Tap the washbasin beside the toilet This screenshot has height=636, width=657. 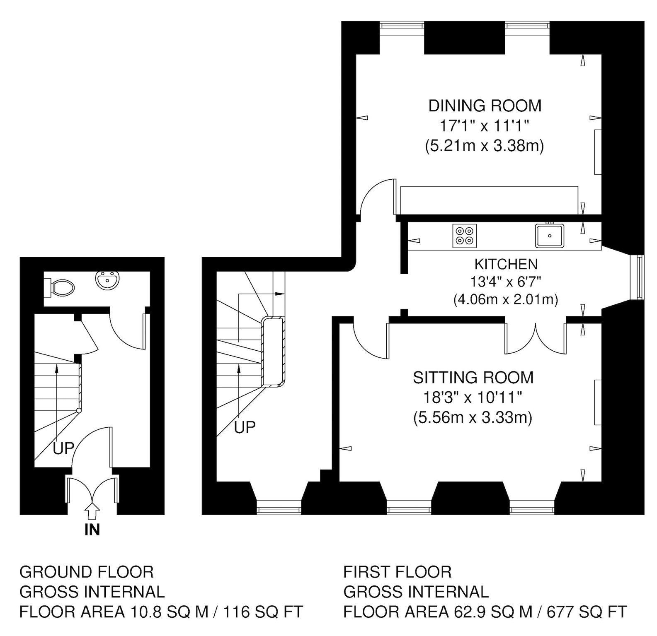point(108,281)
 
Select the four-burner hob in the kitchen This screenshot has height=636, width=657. point(465,236)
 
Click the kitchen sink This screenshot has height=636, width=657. point(550,236)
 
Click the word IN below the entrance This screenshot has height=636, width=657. point(92,530)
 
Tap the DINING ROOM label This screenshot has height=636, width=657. point(485,106)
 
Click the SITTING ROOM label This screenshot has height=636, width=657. point(473,378)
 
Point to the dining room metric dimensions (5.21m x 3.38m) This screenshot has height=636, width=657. point(485,146)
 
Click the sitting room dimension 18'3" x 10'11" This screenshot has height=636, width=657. point(472,398)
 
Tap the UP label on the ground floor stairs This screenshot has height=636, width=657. point(63,448)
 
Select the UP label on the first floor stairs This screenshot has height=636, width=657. point(245,427)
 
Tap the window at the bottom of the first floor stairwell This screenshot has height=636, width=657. point(279,507)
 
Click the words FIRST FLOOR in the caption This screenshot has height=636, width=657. point(398,572)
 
